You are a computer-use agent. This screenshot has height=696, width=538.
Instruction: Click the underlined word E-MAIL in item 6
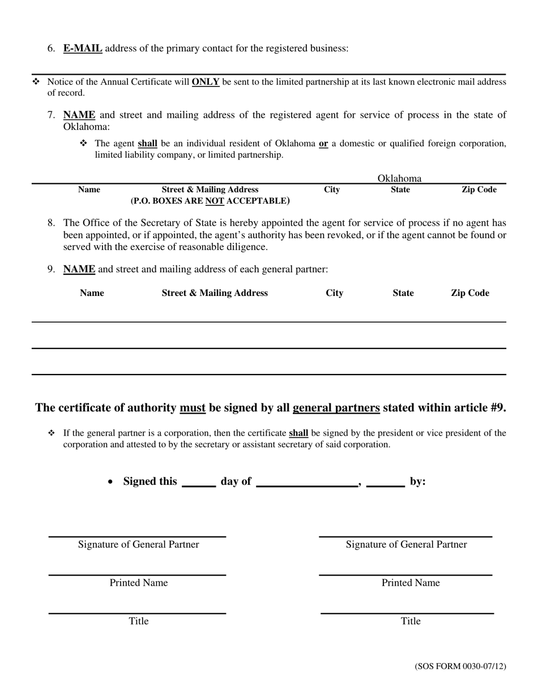pyautogui.click(x=83, y=49)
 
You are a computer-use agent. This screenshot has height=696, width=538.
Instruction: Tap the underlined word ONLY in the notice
pyautogui.click(x=206, y=82)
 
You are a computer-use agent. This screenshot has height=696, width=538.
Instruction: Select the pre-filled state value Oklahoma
pyautogui.click(x=400, y=178)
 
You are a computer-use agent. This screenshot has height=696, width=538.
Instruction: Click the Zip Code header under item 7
pyautogui.click(x=479, y=190)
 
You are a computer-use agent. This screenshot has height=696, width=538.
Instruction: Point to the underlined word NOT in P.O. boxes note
pyautogui.click(x=215, y=201)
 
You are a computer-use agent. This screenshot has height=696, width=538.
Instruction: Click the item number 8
pyautogui.click(x=52, y=223)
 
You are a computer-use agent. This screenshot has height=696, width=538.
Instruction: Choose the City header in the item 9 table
pyautogui.click(x=335, y=293)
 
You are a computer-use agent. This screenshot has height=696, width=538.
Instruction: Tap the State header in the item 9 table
pyautogui.click(x=403, y=293)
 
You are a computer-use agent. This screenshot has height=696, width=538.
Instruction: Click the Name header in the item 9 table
pyautogui.click(x=92, y=293)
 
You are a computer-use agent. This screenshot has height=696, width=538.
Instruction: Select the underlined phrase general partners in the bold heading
pyautogui.click(x=336, y=408)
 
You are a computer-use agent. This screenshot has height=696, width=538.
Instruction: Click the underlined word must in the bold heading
pyautogui.click(x=193, y=408)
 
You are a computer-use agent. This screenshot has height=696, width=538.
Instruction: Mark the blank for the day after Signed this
pyautogui.click(x=199, y=483)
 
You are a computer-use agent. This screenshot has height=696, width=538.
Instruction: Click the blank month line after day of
pyautogui.click(x=307, y=483)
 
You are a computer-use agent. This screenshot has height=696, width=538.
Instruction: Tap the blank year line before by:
pyautogui.click(x=385, y=483)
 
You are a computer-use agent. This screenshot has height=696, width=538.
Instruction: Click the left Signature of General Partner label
pyautogui.click(x=139, y=544)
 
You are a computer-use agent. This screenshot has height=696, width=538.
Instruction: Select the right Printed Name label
pyautogui.click(x=411, y=583)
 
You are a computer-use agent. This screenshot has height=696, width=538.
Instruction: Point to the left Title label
pyautogui.click(x=139, y=621)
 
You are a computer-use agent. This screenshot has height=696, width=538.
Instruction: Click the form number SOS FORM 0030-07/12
pyautogui.click(x=460, y=667)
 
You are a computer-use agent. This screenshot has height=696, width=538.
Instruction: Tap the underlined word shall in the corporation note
pyautogui.click(x=298, y=433)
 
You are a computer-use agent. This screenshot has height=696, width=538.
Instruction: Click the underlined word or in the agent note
pyautogui.click(x=323, y=144)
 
